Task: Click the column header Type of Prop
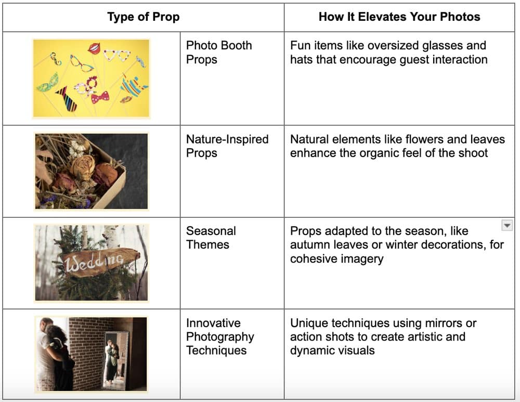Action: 144,17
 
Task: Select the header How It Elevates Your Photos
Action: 399,17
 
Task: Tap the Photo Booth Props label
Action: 219,53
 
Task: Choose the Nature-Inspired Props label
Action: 227,146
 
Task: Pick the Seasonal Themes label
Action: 211,238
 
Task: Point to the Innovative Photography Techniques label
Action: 220,336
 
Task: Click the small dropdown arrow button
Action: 506,225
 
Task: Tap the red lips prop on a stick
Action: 95,48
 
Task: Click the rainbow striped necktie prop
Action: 67,99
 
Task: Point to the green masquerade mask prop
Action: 48,83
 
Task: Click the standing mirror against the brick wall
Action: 115,360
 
